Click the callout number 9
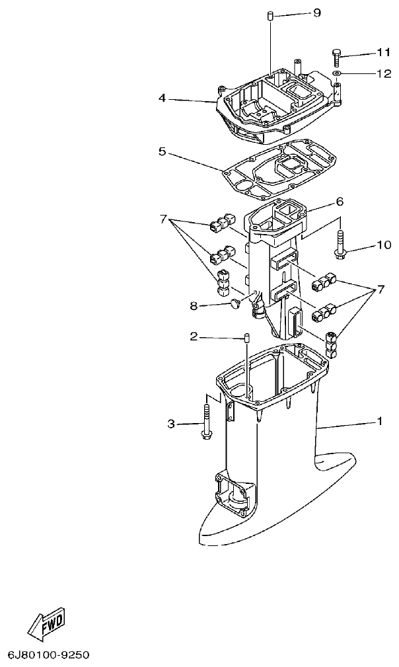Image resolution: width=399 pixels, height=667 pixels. pyautogui.click(x=316, y=13)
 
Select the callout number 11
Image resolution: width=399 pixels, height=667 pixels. pyautogui.click(x=384, y=52)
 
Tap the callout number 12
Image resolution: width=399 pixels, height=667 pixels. pyautogui.click(x=384, y=73)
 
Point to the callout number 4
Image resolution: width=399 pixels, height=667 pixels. pyautogui.click(x=162, y=98)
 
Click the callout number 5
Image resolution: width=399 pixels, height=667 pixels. pyautogui.click(x=162, y=151)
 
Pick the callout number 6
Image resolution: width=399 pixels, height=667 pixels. pyautogui.click(x=340, y=201)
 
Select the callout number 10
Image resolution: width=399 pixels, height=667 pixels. pyautogui.click(x=384, y=245)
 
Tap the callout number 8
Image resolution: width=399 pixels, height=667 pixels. pyautogui.click(x=194, y=305)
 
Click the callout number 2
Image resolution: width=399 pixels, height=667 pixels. pyautogui.click(x=194, y=337)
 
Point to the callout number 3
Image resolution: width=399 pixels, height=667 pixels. pyautogui.click(x=171, y=424)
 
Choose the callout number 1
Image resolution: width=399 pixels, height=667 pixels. pyautogui.click(x=379, y=421)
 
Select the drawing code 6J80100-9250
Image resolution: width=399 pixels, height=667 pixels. pyautogui.click(x=48, y=655)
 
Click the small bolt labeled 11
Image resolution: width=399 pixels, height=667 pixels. pyautogui.click(x=337, y=57)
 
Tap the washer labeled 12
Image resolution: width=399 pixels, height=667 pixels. pyautogui.click(x=337, y=73)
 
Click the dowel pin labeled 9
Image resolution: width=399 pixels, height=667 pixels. pyautogui.click(x=271, y=15)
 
